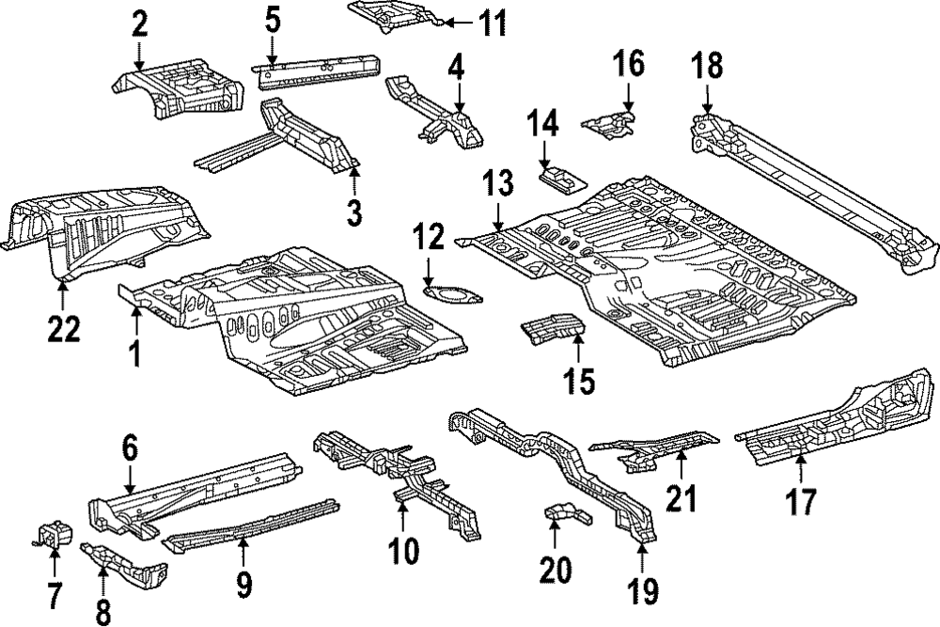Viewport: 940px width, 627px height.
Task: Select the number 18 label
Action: [x=707, y=69]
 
